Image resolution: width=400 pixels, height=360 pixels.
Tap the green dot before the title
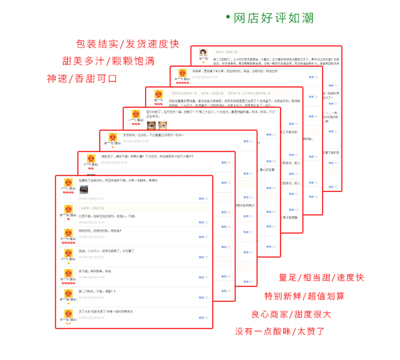(228, 18)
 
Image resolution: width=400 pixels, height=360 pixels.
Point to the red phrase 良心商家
(273, 314)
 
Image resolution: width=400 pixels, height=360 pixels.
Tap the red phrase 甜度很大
(326, 314)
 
